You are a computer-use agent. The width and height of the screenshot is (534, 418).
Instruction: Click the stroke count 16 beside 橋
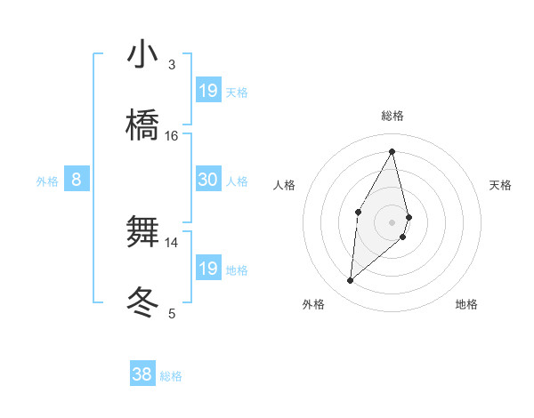click(x=172, y=135)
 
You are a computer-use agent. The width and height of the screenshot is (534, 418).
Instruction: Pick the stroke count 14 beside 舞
click(x=172, y=242)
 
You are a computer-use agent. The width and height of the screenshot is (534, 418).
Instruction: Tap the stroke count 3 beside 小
click(x=172, y=64)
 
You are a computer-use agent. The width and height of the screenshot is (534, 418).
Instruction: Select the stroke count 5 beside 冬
click(x=172, y=313)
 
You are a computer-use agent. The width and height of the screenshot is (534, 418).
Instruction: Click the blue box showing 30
click(x=207, y=180)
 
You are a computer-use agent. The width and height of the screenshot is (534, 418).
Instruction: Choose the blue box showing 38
click(x=142, y=375)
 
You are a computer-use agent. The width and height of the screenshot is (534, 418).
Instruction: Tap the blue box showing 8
click(x=77, y=180)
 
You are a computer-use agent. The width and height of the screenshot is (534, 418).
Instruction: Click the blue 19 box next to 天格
click(x=207, y=91)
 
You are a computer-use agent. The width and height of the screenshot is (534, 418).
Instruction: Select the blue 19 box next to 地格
click(x=207, y=269)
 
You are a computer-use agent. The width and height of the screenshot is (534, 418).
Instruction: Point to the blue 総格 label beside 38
click(x=171, y=376)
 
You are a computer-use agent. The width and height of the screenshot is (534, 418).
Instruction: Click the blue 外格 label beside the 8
click(x=47, y=181)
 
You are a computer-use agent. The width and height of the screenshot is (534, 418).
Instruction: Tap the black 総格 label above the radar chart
click(x=392, y=116)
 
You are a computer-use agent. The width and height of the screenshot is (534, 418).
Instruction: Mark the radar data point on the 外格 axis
click(x=350, y=281)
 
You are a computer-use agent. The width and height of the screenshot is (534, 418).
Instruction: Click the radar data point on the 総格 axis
click(x=392, y=151)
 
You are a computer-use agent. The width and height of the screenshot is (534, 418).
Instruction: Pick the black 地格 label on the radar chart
click(x=466, y=304)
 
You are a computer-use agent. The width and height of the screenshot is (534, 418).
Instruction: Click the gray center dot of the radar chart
click(x=392, y=221)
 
